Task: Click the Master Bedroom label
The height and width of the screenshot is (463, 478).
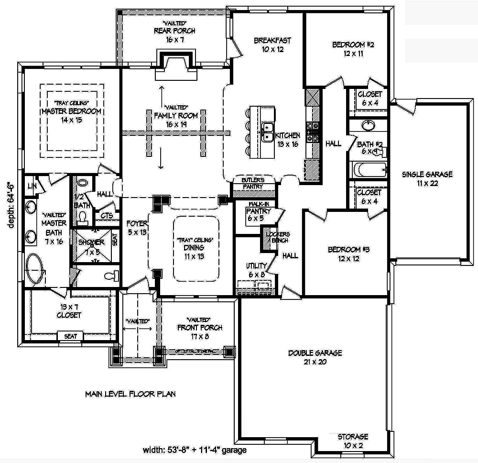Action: (x=71, y=111)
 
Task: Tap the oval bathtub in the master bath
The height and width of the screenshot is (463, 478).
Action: (x=34, y=268)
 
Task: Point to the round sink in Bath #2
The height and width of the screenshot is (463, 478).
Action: (x=368, y=126)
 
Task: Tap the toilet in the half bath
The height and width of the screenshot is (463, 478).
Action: (x=83, y=218)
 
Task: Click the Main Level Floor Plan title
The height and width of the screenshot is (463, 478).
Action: (x=130, y=395)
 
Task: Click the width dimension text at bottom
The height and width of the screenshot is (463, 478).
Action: (x=194, y=450)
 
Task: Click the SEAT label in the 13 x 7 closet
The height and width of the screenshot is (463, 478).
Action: (x=70, y=336)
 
